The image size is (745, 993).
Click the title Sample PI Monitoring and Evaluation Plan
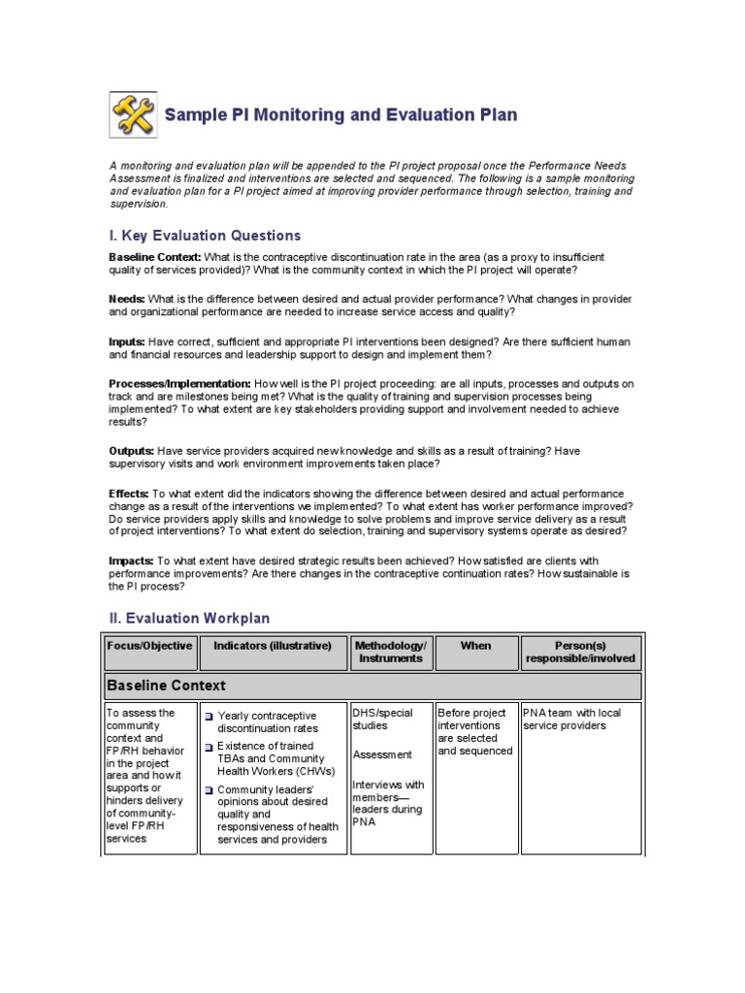coord(340,115)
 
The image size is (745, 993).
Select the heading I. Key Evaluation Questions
coord(205,236)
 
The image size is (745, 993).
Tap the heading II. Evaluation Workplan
coord(189,618)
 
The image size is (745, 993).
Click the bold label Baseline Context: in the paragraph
coord(155,257)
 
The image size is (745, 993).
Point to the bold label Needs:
coord(127,299)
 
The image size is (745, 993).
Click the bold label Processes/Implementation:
coord(179,384)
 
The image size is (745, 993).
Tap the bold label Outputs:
coord(132,451)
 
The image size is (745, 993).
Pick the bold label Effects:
coord(129,494)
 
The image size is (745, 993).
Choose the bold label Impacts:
coord(131,561)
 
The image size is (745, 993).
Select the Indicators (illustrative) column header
coord(273,646)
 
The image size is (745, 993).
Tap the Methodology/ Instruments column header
coord(391,652)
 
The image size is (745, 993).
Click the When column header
coord(475,646)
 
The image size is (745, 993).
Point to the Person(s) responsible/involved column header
coord(580,652)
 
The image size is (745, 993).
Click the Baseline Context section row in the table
coord(372,686)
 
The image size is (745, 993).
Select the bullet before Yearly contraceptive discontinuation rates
coord(209,716)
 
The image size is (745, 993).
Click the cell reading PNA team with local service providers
coord(571,719)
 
